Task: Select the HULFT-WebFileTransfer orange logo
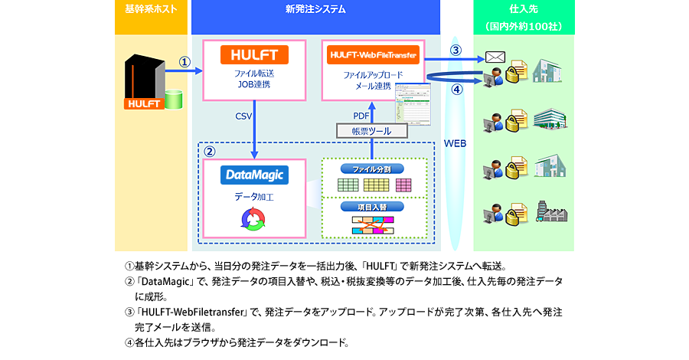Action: tap(372, 55)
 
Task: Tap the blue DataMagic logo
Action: tap(254, 175)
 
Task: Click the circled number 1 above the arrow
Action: tap(184, 61)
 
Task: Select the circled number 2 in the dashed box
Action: tap(209, 150)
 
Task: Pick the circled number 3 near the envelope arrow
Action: tap(456, 51)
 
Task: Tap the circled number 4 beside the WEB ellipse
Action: tap(456, 89)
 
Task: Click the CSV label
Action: tap(244, 116)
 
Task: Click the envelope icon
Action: tap(494, 57)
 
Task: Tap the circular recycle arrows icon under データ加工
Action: tap(253, 221)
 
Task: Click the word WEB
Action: tap(456, 143)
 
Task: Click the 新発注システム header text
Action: tap(315, 10)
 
